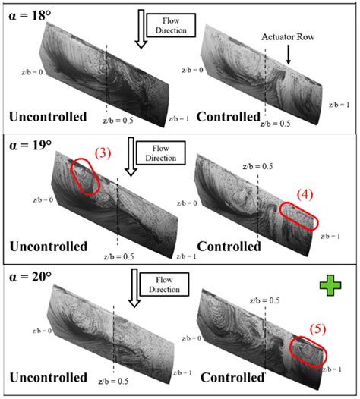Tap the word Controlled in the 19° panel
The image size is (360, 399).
click(227, 246)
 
